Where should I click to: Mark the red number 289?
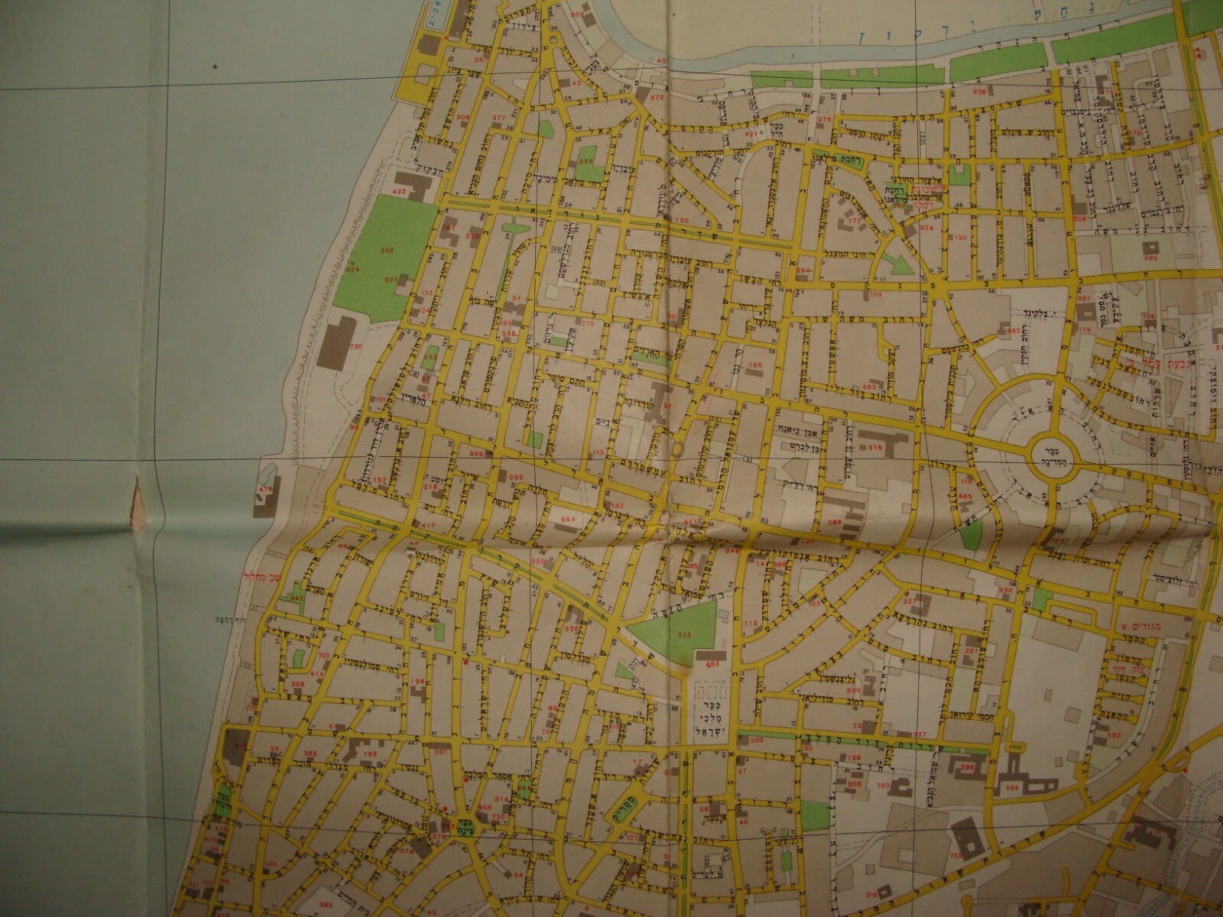(x=833, y=523)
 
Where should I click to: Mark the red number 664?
(x=567, y=520)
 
